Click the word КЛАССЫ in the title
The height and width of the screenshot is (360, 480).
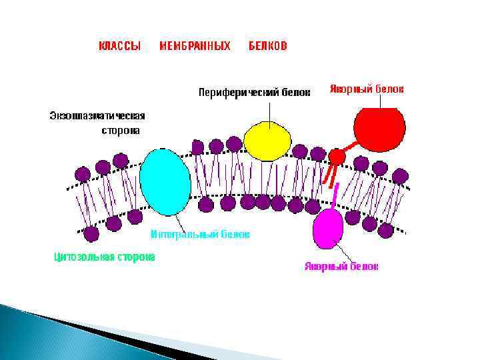point(119,46)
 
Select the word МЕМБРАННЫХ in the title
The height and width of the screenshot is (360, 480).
point(195,46)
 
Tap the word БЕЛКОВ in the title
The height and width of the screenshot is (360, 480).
point(268,46)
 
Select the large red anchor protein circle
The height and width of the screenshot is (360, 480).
point(379,126)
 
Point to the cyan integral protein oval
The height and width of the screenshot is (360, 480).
point(165,182)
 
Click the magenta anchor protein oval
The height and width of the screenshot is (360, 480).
point(328,227)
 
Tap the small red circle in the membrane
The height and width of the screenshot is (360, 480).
point(337,157)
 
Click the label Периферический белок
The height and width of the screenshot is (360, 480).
point(254,93)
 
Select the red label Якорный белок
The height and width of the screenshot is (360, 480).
point(367,89)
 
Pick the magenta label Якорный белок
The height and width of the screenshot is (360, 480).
point(341,267)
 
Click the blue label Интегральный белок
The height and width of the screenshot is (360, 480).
point(200,235)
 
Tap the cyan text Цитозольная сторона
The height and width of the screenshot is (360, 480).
point(104,257)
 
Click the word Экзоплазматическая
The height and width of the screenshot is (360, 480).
point(97,115)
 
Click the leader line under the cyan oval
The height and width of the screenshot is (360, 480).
point(178,223)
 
